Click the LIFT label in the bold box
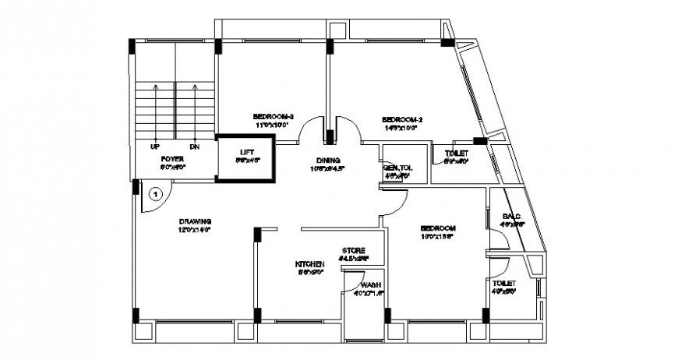(x=246, y=151)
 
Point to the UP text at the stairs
(x=155, y=146)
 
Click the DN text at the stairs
(x=193, y=146)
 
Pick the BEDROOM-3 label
(x=272, y=116)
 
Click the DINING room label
(x=327, y=160)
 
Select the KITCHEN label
(x=309, y=264)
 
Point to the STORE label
(x=353, y=250)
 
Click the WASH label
(x=370, y=285)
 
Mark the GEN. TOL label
(x=397, y=168)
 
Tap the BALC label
(x=511, y=217)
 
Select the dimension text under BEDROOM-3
(x=272, y=125)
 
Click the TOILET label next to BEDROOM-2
(x=456, y=154)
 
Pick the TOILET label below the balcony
(x=504, y=283)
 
